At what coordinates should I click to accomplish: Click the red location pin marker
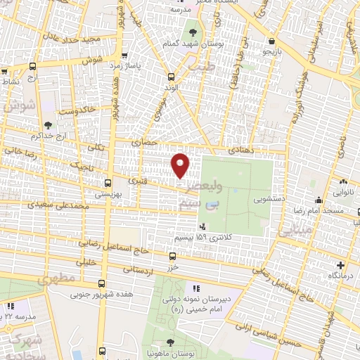click(x=181, y=165)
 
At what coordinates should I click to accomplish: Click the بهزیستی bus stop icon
click(x=108, y=181)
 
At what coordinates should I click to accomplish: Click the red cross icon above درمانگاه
click(x=341, y=265)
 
